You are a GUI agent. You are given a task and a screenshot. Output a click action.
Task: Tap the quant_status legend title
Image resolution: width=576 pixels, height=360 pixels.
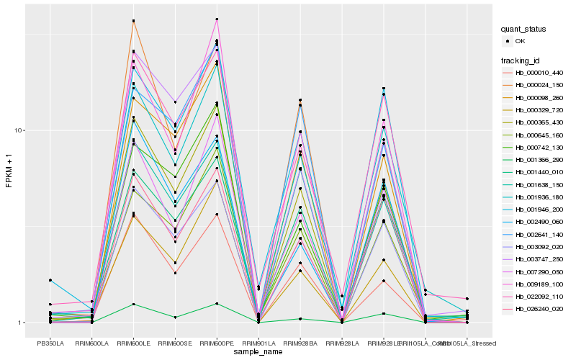pos(523,29)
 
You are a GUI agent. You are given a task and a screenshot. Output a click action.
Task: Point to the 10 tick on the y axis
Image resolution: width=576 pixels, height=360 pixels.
pos(20,130)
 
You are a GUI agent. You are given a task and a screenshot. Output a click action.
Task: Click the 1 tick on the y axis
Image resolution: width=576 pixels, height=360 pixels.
pos(22,323)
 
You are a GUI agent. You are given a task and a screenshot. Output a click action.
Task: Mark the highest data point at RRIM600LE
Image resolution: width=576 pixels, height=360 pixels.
pos(134,22)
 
